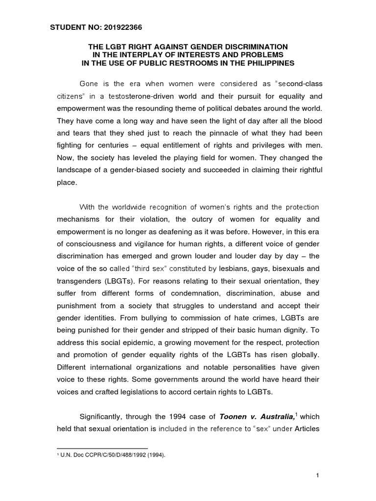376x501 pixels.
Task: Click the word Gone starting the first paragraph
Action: [89, 83]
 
